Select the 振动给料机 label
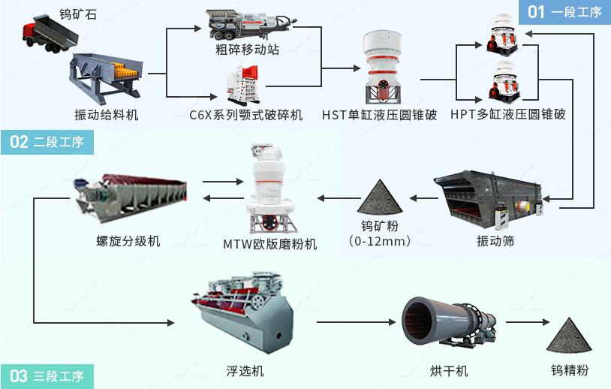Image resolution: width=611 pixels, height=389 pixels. point(106,115)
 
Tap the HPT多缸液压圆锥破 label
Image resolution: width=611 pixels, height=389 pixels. point(507,115)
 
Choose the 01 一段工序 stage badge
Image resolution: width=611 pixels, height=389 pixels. point(564,11)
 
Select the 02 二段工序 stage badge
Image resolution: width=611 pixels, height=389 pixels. point(47,142)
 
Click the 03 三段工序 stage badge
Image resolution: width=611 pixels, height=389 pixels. point(47,375)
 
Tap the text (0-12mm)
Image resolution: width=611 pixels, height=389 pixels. point(380,241)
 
